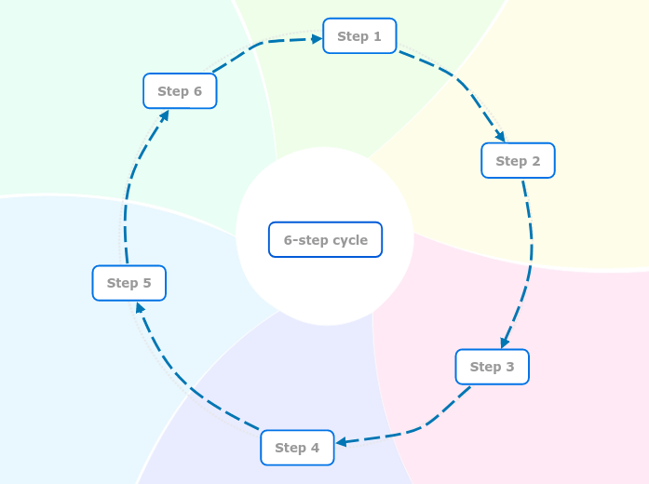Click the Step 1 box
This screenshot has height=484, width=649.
[359, 36]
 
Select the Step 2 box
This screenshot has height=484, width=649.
[518, 160]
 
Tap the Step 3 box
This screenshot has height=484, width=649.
[493, 367]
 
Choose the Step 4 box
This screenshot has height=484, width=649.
[297, 448]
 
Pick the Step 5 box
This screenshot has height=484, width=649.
[129, 283]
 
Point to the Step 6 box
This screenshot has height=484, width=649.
[180, 91]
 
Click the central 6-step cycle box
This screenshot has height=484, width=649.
[325, 239]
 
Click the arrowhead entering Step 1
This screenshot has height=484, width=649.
[317, 39]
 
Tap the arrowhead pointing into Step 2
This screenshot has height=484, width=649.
[501, 136]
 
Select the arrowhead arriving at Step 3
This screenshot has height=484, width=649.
[505, 343]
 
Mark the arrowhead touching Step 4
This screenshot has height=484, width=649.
[341, 442]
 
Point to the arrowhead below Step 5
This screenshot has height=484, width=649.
[140, 307]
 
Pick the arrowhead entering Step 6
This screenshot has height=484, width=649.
[164, 115]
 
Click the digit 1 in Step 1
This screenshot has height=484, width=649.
[377, 36]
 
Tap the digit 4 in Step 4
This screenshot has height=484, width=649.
[315, 448]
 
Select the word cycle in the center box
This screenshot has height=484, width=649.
[350, 240]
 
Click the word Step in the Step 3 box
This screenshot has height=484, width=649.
[485, 367]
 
